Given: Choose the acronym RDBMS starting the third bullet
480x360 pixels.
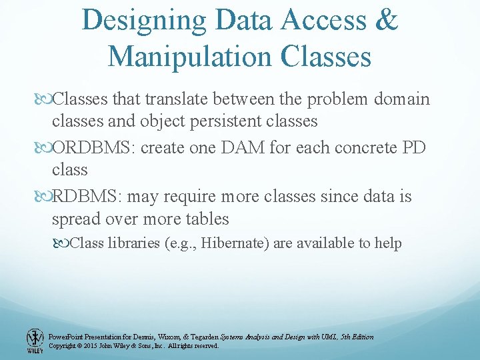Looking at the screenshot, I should pyautogui.click(x=86, y=197).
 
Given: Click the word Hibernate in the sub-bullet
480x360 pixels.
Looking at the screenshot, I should pyautogui.click(x=233, y=243).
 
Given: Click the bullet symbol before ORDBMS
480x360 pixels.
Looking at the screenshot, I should pyautogui.click(x=45, y=148).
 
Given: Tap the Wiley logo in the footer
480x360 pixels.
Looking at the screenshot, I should pyautogui.click(x=33, y=340).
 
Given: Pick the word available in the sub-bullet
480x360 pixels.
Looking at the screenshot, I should pyautogui.click(x=324, y=243).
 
